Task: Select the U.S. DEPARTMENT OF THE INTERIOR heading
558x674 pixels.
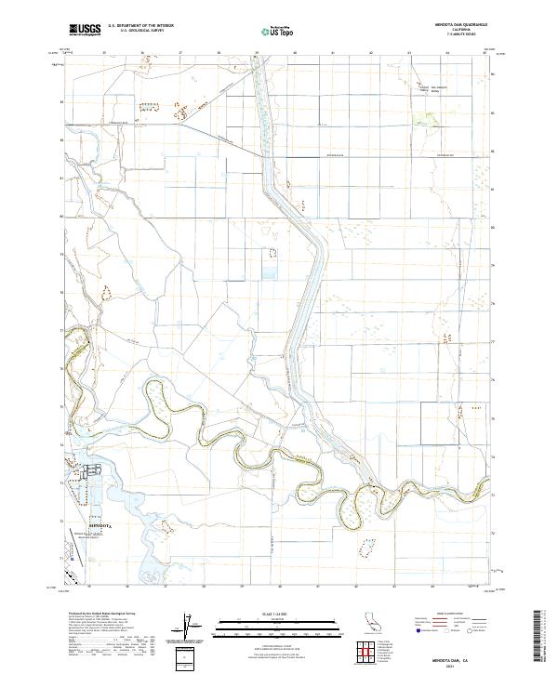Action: pos(140,25)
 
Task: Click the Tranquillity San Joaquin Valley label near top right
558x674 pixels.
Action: pos(429,89)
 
